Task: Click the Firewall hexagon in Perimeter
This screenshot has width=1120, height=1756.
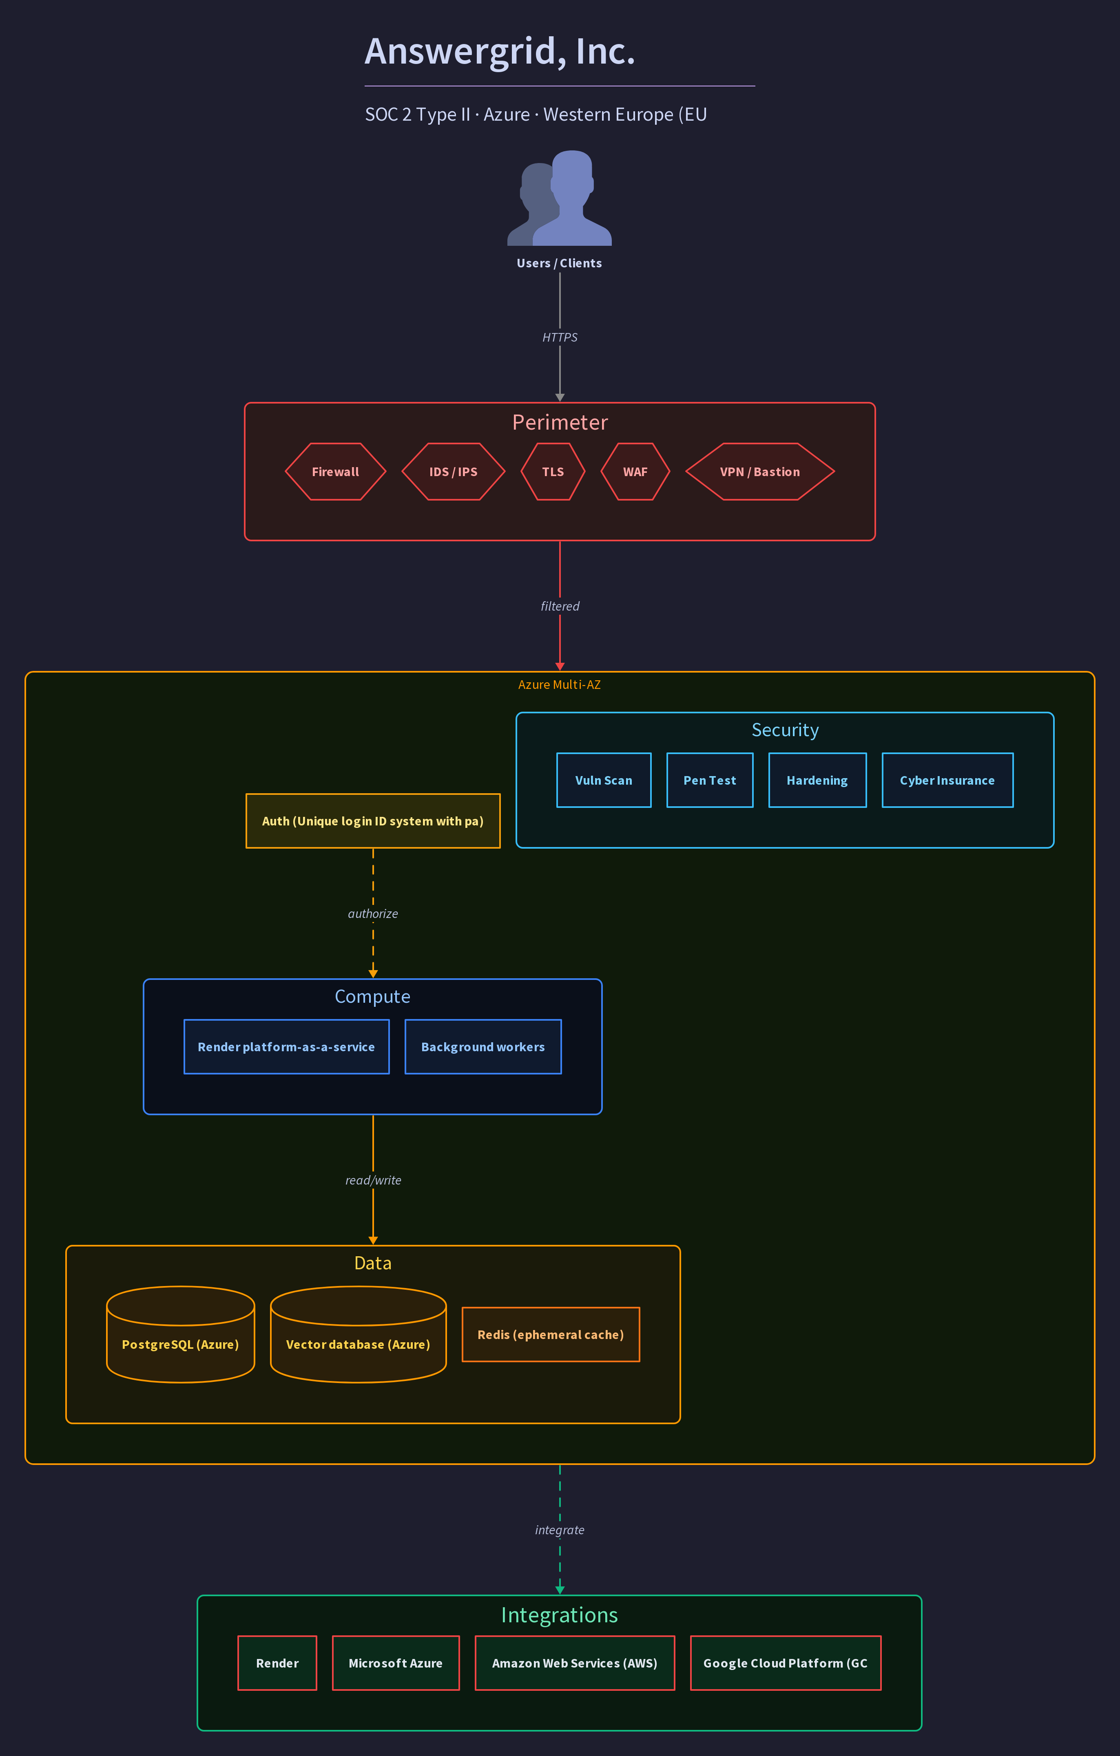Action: click(x=336, y=472)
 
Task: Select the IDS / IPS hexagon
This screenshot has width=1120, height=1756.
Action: click(x=453, y=472)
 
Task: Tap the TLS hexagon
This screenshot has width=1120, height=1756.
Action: click(x=553, y=472)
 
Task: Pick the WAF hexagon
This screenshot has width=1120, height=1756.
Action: click(x=635, y=472)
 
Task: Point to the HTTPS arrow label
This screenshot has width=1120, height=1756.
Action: click(x=560, y=337)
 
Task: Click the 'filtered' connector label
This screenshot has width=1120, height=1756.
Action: click(x=560, y=606)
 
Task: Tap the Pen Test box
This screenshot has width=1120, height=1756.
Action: click(x=710, y=780)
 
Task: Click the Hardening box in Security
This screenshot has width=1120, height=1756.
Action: click(x=818, y=780)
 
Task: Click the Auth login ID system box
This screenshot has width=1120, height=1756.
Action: click(x=373, y=821)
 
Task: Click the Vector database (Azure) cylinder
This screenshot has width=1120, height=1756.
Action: click(x=358, y=1335)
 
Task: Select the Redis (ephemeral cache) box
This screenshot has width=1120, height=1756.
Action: click(x=551, y=1335)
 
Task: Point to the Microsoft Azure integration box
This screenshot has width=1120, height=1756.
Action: click(x=396, y=1663)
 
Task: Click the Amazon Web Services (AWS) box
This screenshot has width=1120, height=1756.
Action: click(x=575, y=1663)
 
